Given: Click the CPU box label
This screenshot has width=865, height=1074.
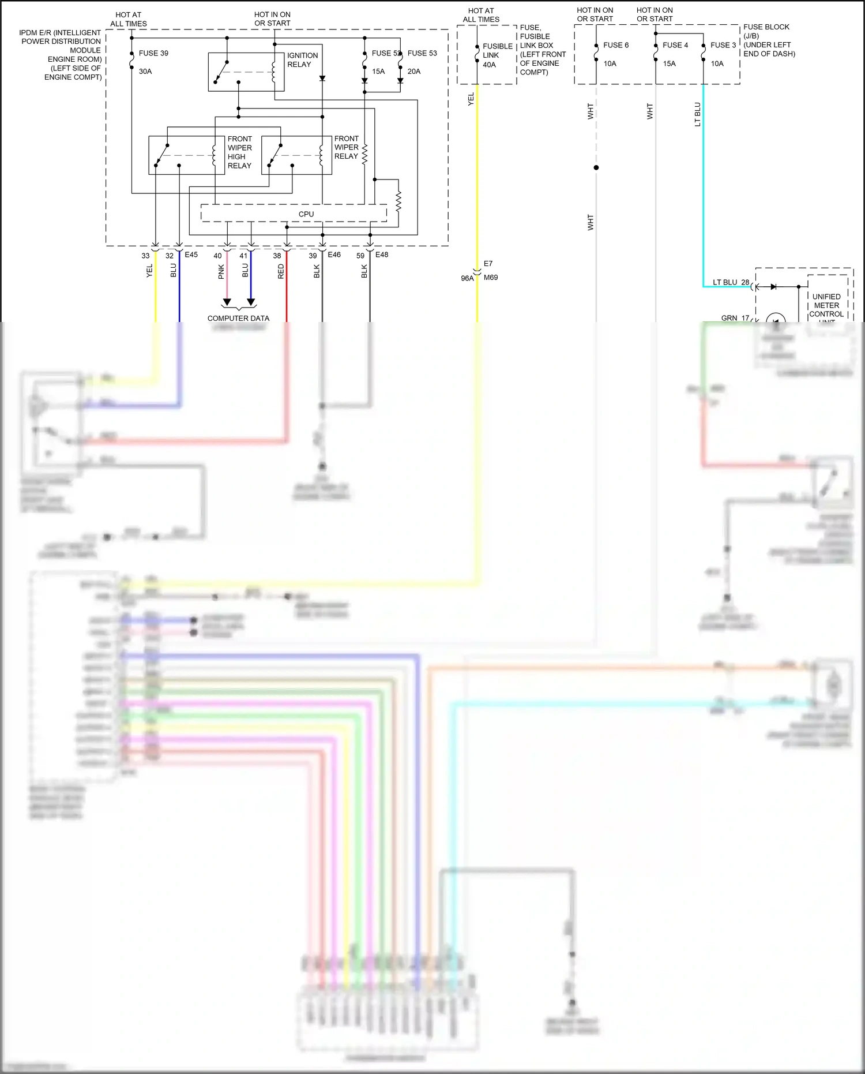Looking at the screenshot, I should pyautogui.click(x=306, y=214).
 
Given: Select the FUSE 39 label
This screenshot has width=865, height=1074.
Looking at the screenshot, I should pyautogui.click(x=153, y=53).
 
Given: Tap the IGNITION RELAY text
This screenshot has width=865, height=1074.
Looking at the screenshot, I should pyautogui.click(x=302, y=60).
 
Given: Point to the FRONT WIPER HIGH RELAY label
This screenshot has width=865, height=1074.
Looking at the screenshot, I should pyautogui.click(x=239, y=152).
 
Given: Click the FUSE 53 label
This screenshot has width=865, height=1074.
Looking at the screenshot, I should pyautogui.click(x=422, y=53).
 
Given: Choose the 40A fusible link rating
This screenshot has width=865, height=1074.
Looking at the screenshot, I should pyautogui.click(x=489, y=65).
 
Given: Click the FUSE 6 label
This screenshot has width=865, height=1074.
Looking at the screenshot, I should pyautogui.click(x=616, y=45).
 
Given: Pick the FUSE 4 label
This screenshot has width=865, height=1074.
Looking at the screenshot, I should pyautogui.click(x=675, y=45).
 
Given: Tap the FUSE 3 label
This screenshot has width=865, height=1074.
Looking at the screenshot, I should pyautogui.click(x=723, y=45).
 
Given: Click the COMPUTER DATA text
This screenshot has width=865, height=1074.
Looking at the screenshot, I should pyautogui.click(x=238, y=318).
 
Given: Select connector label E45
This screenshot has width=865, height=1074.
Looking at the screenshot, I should pyautogui.click(x=191, y=255).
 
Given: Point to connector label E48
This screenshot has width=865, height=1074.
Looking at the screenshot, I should pyautogui.click(x=381, y=255).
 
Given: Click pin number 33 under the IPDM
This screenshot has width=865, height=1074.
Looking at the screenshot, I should pyautogui.click(x=145, y=256).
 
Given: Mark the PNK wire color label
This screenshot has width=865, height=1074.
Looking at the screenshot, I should pyautogui.click(x=221, y=272).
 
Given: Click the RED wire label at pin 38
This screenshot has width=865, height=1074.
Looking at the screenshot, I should pyautogui.click(x=281, y=271).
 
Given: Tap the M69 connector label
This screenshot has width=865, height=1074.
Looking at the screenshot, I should pyautogui.click(x=491, y=278).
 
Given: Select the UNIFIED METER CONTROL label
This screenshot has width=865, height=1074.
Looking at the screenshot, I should pyautogui.click(x=826, y=305).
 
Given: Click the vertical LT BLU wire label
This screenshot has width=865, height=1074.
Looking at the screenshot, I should pyautogui.click(x=697, y=114).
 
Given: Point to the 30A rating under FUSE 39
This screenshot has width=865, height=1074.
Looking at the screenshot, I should pyautogui.click(x=145, y=72).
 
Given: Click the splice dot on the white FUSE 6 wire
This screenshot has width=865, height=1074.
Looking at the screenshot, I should pyautogui.click(x=596, y=167).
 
